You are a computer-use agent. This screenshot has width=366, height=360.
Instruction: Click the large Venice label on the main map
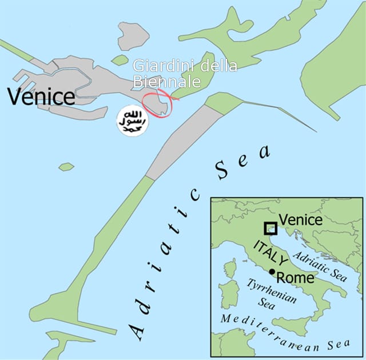[41, 97]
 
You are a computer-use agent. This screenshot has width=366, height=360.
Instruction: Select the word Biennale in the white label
[166, 82]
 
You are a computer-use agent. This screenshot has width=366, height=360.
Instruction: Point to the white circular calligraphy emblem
[132, 121]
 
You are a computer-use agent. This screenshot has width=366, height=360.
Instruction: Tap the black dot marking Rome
[272, 271]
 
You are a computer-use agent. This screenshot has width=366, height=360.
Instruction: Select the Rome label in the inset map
[295, 278]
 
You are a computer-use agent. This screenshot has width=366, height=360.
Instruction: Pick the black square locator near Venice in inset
[270, 229]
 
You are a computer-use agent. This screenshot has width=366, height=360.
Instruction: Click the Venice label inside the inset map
[300, 219]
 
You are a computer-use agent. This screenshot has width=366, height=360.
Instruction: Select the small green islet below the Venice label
[66, 167]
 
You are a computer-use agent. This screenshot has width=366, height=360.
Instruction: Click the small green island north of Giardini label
[120, 59]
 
